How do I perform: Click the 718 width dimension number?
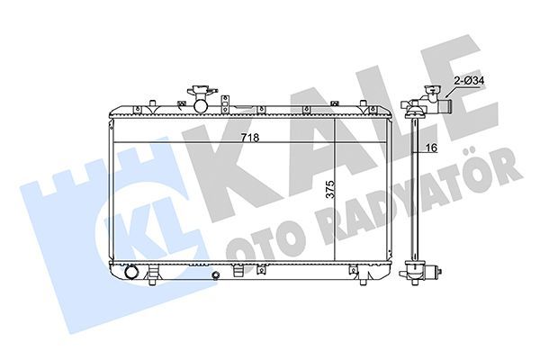[249, 137]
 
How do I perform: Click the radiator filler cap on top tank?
[198, 94]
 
